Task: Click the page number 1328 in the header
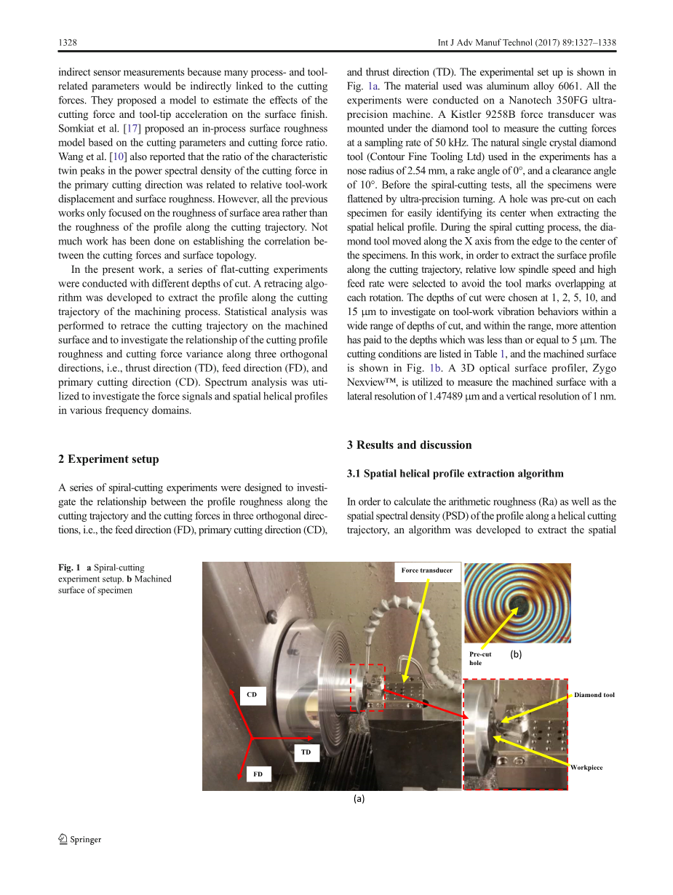[x=68, y=44]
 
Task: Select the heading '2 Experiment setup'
[x=108, y=459]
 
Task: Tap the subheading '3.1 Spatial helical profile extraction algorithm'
[x=455, y=474]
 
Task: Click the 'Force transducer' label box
[x=426, y=570]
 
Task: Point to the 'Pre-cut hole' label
[x=480, y=659]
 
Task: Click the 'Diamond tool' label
[x=594, y=695]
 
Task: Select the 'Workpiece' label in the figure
[x=586, y=768]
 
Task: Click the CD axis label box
[x=252, y=695]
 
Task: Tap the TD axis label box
[x=306, y=752]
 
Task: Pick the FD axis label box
[x=258, y=774]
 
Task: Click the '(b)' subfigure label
[x=516, y=655]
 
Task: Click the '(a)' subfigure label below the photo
[x=359, y=799]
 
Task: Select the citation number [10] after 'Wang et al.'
[x=116, y=156]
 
